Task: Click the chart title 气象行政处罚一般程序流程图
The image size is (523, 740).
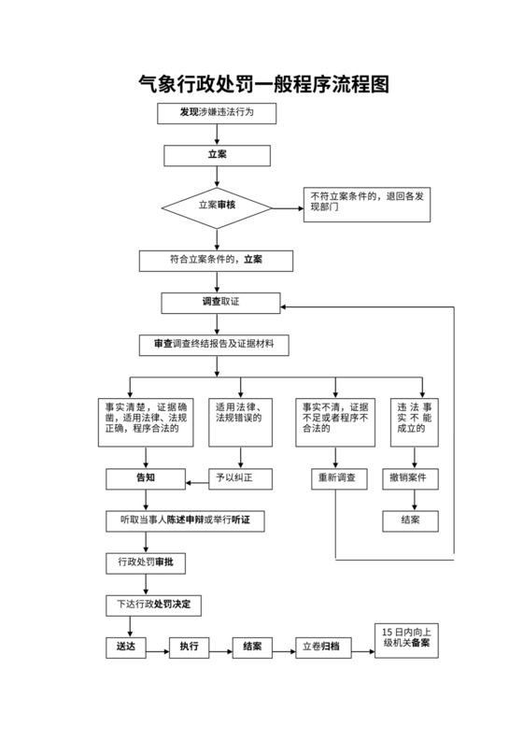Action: point(262,84)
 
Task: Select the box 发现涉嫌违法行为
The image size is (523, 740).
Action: point(217,113)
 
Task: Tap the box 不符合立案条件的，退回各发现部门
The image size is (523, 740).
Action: point(367,205)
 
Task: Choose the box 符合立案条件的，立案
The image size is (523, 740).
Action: point(217,260)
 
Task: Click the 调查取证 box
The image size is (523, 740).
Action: point(220,304)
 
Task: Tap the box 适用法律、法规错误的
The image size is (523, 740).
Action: point(242,423)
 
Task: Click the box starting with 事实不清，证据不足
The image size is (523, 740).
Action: point(334,423)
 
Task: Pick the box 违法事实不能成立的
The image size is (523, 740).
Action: point(416,423)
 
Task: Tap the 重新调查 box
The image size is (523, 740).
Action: point(334,478)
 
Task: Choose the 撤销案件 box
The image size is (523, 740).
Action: point(410,478)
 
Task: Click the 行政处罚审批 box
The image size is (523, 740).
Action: point(146,562)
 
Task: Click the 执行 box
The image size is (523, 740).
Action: point(189,647)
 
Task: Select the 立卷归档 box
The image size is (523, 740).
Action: point(324,647)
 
